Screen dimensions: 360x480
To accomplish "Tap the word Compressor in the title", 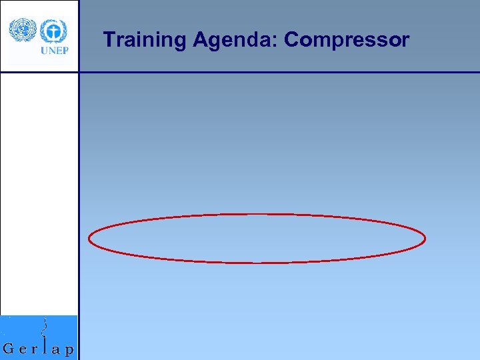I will click(x=347, y=41).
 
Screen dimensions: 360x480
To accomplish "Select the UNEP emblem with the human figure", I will click(x=53, y=30).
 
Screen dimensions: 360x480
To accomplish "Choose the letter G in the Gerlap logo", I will click(x=9, y=349).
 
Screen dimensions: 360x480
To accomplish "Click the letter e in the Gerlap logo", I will click(x=23, y=349).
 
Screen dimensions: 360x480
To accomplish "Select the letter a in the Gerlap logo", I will click(x=56, y=349).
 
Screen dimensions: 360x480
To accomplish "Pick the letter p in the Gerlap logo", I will click(x=69, y=351).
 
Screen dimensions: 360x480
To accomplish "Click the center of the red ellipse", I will click(x=257, y=238).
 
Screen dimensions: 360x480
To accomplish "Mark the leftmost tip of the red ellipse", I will click(x=89, y=239).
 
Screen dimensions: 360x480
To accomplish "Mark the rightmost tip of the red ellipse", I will click(x=425, y=237).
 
